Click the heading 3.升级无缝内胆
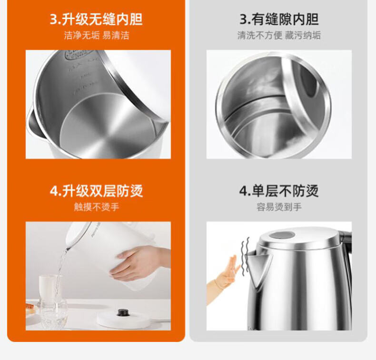(x=96, y=19)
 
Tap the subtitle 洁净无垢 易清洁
(x=97, y=36)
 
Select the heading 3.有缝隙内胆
(x=279, y=19)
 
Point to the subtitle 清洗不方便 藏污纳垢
(x=279, y=36)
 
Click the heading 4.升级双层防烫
(x=96, y=191)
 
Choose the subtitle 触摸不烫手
(x=97, y=207)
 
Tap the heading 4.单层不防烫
(x=279, y=191)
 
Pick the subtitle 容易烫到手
(x=279, y=207)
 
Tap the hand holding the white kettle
(x=139, y=263)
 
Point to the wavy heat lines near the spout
(x=245, y=255)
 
